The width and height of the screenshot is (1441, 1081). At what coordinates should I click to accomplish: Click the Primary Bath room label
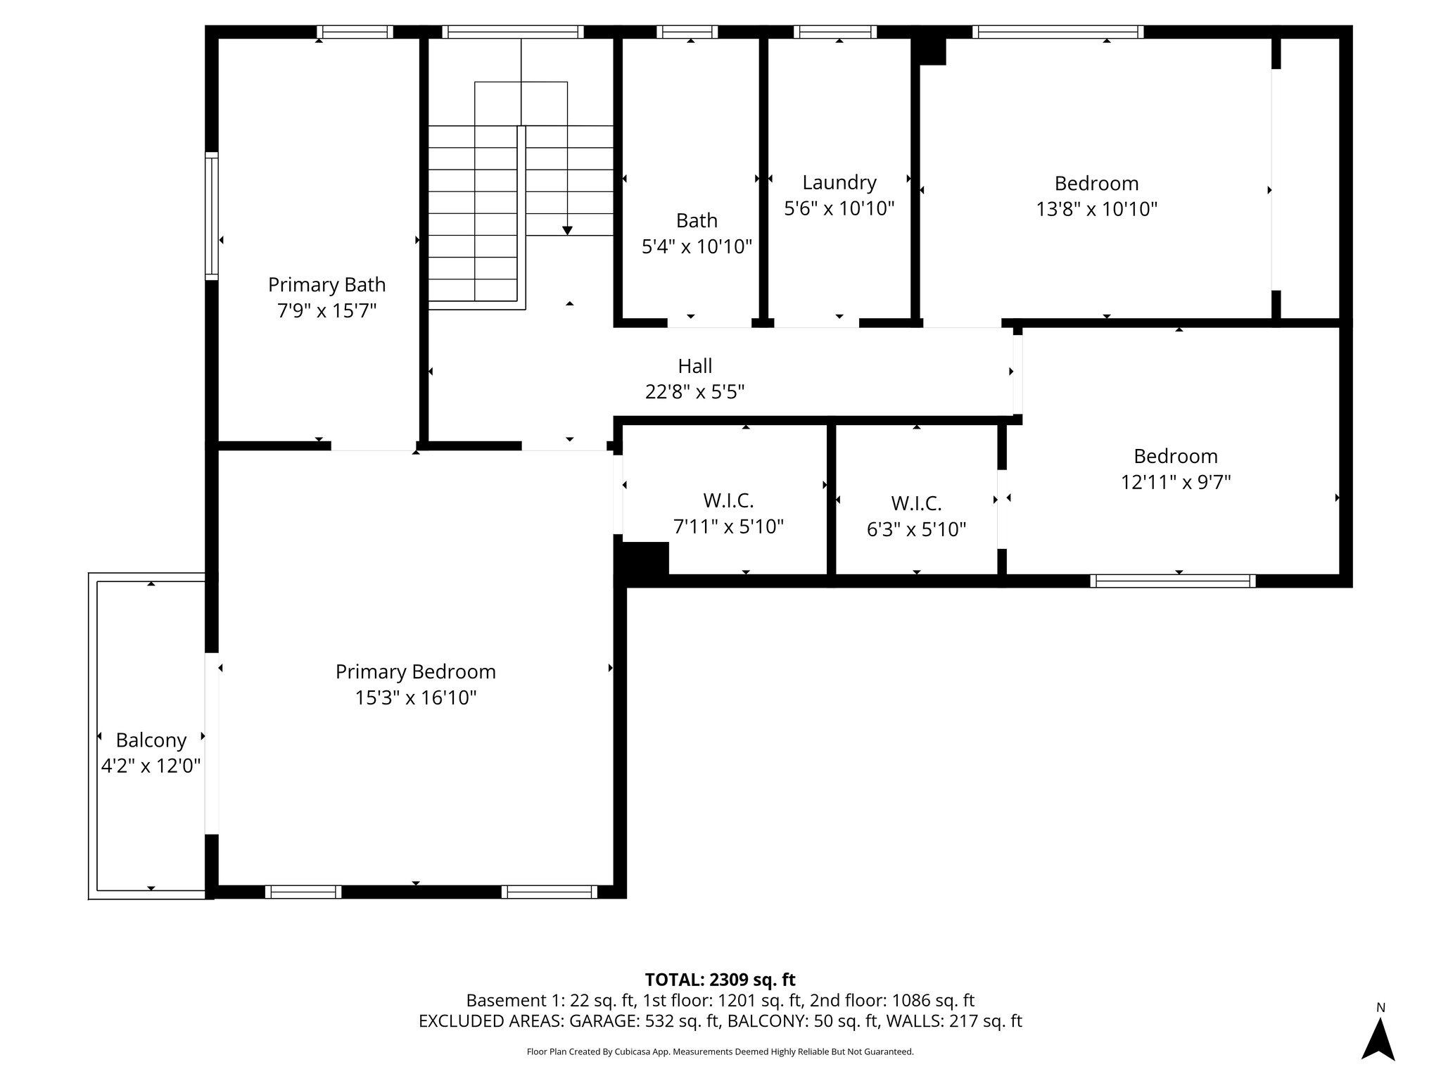326,284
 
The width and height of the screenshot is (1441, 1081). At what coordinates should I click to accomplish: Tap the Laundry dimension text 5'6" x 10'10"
839,208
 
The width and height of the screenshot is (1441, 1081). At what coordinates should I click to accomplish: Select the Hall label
694,366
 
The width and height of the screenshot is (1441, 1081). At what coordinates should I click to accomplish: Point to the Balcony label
151,740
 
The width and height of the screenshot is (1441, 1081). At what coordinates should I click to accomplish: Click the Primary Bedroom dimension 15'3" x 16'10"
415,697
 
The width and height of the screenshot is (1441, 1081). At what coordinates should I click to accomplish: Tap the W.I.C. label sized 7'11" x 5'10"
728,500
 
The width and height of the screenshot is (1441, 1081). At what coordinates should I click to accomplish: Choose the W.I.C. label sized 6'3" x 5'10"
916,503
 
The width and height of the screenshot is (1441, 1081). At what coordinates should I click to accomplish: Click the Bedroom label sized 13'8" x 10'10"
1096,183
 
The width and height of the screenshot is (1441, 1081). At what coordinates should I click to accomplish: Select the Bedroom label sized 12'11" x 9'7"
1175,456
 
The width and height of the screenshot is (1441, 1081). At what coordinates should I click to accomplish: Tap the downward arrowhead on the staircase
567,231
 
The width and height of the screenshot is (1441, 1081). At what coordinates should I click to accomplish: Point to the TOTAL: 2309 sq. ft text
720,979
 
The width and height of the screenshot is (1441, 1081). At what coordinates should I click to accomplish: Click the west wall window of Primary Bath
211,215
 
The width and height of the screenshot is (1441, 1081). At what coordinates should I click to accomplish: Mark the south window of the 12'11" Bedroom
1172,581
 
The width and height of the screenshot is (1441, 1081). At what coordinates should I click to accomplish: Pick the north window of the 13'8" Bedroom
1058,32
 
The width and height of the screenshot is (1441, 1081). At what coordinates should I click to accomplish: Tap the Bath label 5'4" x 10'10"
697,220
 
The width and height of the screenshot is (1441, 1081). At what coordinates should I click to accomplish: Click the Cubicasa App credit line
720,1051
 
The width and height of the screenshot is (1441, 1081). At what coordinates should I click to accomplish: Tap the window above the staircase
513,32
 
